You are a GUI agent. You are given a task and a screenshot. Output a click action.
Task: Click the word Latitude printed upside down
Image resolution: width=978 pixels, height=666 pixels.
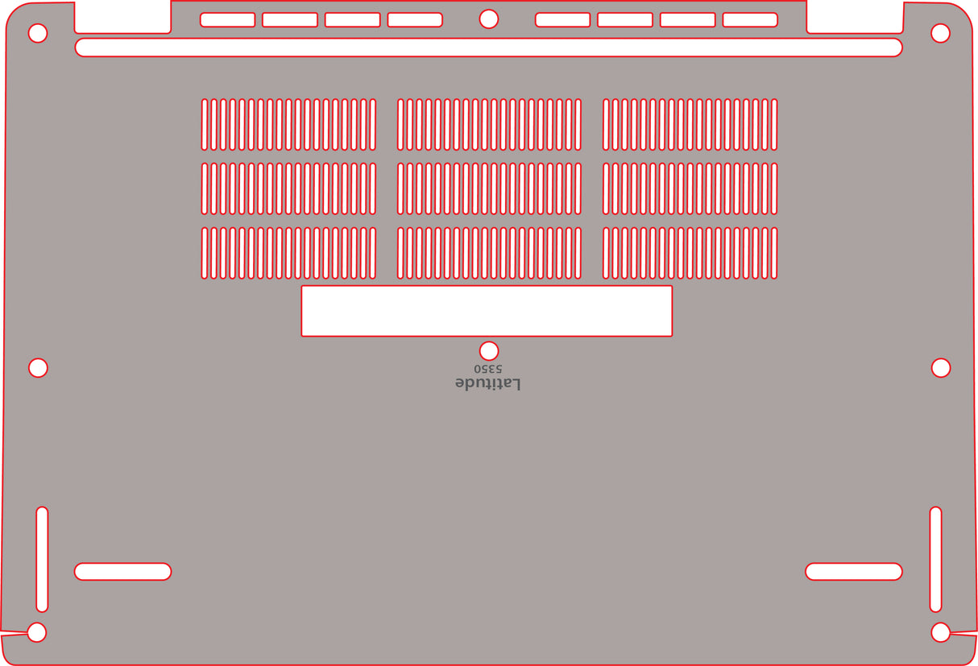pos(487,383)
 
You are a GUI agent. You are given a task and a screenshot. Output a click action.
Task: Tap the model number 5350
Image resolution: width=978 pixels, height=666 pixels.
pos(488,369)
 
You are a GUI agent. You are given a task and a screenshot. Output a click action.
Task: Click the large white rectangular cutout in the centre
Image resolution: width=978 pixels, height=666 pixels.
pos(487,311)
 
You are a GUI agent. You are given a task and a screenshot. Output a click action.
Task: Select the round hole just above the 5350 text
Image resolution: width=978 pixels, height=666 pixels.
pos(488,351)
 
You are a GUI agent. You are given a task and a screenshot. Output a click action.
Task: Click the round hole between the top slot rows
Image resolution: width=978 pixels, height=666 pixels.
pos(488,19)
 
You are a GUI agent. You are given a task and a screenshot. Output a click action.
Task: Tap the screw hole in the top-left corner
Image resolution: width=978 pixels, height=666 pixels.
pos(38,33)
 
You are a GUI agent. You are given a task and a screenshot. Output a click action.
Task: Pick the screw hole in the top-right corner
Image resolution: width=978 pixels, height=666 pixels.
pos(940,33)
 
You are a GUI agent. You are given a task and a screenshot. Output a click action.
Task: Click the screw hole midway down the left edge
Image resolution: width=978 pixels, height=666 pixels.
pos(38,368)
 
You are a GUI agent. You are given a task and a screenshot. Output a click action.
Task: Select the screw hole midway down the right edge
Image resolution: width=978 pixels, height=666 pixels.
pos(941,368)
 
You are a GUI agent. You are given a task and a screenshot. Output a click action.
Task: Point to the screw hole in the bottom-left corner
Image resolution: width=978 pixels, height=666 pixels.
pos(37,632)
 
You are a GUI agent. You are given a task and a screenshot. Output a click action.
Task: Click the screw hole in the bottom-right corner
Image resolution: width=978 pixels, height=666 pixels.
pos(940,632)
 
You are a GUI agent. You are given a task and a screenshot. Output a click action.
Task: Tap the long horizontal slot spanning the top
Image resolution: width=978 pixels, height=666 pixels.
pos(488,48)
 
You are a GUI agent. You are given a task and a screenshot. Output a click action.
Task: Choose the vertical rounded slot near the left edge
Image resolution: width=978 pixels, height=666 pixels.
pos(42,559)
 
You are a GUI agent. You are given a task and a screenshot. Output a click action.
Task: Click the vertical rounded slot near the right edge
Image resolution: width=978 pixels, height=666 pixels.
pos(935,559)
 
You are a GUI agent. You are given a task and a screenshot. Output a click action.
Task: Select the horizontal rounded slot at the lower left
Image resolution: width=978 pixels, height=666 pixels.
pos(122,572)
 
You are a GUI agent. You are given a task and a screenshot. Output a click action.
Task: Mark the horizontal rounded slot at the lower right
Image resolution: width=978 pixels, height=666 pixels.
pos(854,572)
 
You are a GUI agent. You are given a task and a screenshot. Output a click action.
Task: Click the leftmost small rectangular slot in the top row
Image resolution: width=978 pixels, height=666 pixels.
pos(227,19)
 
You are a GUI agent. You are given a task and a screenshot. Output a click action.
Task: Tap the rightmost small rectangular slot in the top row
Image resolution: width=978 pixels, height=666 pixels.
pos(750,19)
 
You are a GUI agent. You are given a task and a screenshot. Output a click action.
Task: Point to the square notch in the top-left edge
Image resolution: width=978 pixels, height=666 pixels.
pos(122,17)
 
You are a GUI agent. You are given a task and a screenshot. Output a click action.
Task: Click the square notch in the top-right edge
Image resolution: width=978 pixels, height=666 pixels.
pos(855,17)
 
